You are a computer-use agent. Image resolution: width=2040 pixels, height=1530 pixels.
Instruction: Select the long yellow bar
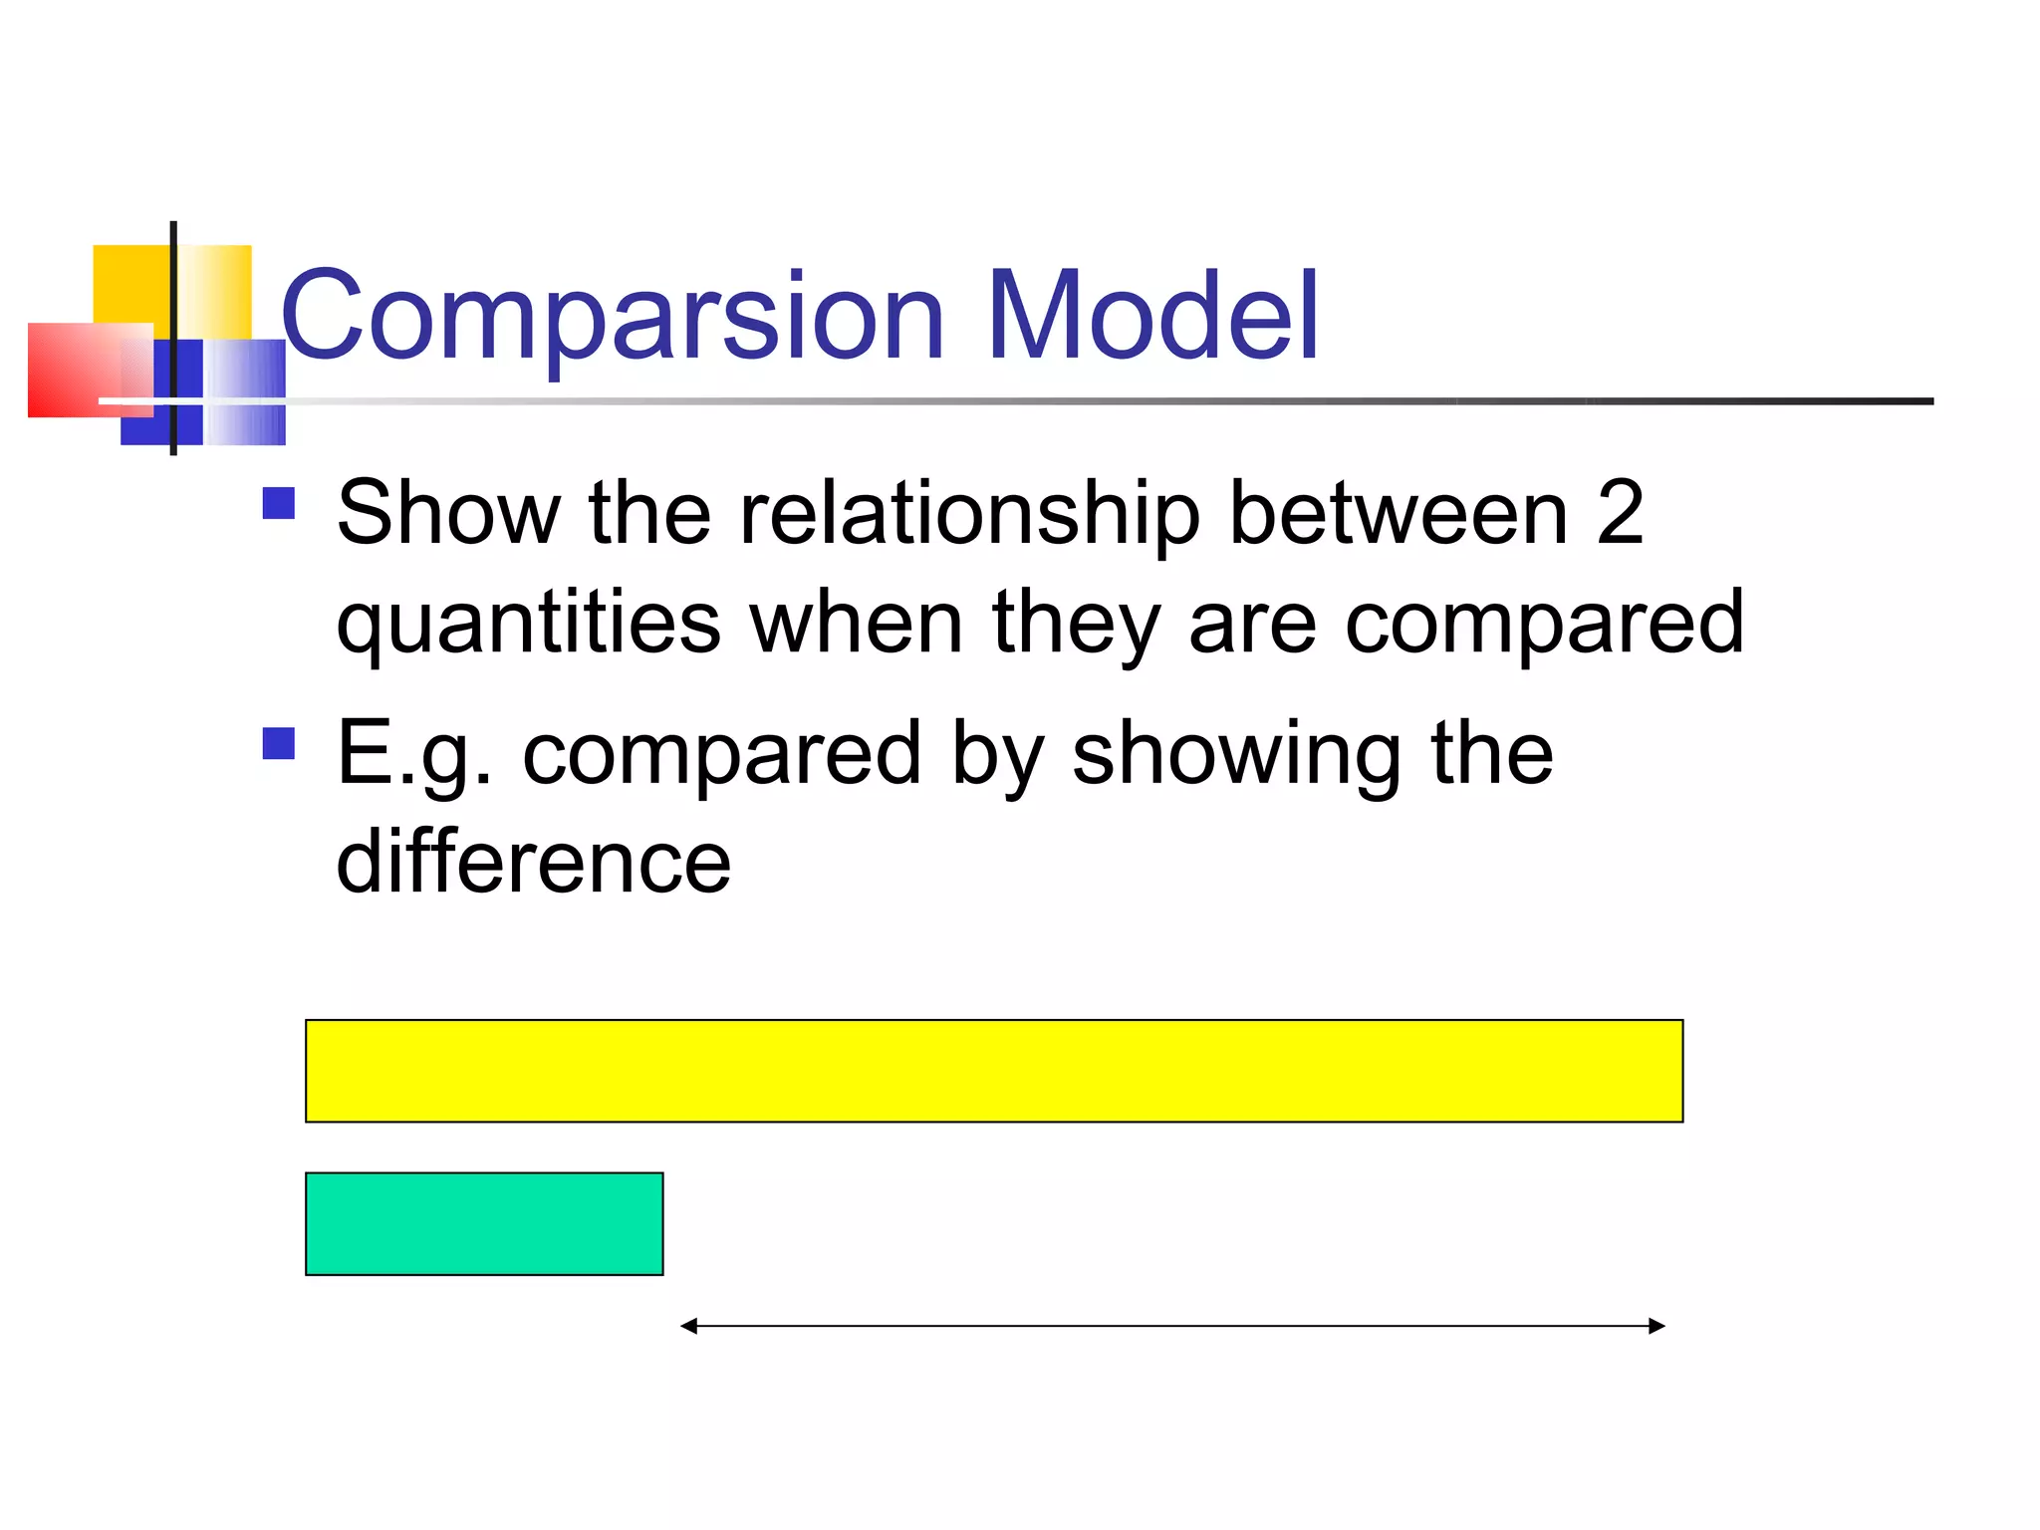click(993, 1071)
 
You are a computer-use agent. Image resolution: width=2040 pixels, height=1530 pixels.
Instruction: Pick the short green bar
click(484, 1223)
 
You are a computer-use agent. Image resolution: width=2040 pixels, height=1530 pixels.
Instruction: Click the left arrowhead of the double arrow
click(688, 1326)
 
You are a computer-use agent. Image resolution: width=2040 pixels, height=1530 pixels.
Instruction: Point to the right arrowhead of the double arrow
click(1657, 1326)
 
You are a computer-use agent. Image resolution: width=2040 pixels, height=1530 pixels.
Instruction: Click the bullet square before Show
click(279, 503)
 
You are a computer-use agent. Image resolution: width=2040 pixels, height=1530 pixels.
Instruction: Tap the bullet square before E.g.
click(279, 743)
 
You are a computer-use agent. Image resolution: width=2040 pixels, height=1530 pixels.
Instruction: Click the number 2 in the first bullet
click(1620, 513)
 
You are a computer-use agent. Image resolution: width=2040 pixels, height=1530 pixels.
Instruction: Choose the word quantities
click(529, 625)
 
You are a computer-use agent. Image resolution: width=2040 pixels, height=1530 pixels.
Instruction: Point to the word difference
click(534, 863)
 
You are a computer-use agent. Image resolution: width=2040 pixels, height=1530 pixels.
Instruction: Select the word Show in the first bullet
click(448, 513)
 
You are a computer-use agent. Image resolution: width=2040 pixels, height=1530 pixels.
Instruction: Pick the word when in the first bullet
click(857, 623)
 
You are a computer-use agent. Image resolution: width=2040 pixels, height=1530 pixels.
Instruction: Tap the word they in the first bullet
click(1076, 625)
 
